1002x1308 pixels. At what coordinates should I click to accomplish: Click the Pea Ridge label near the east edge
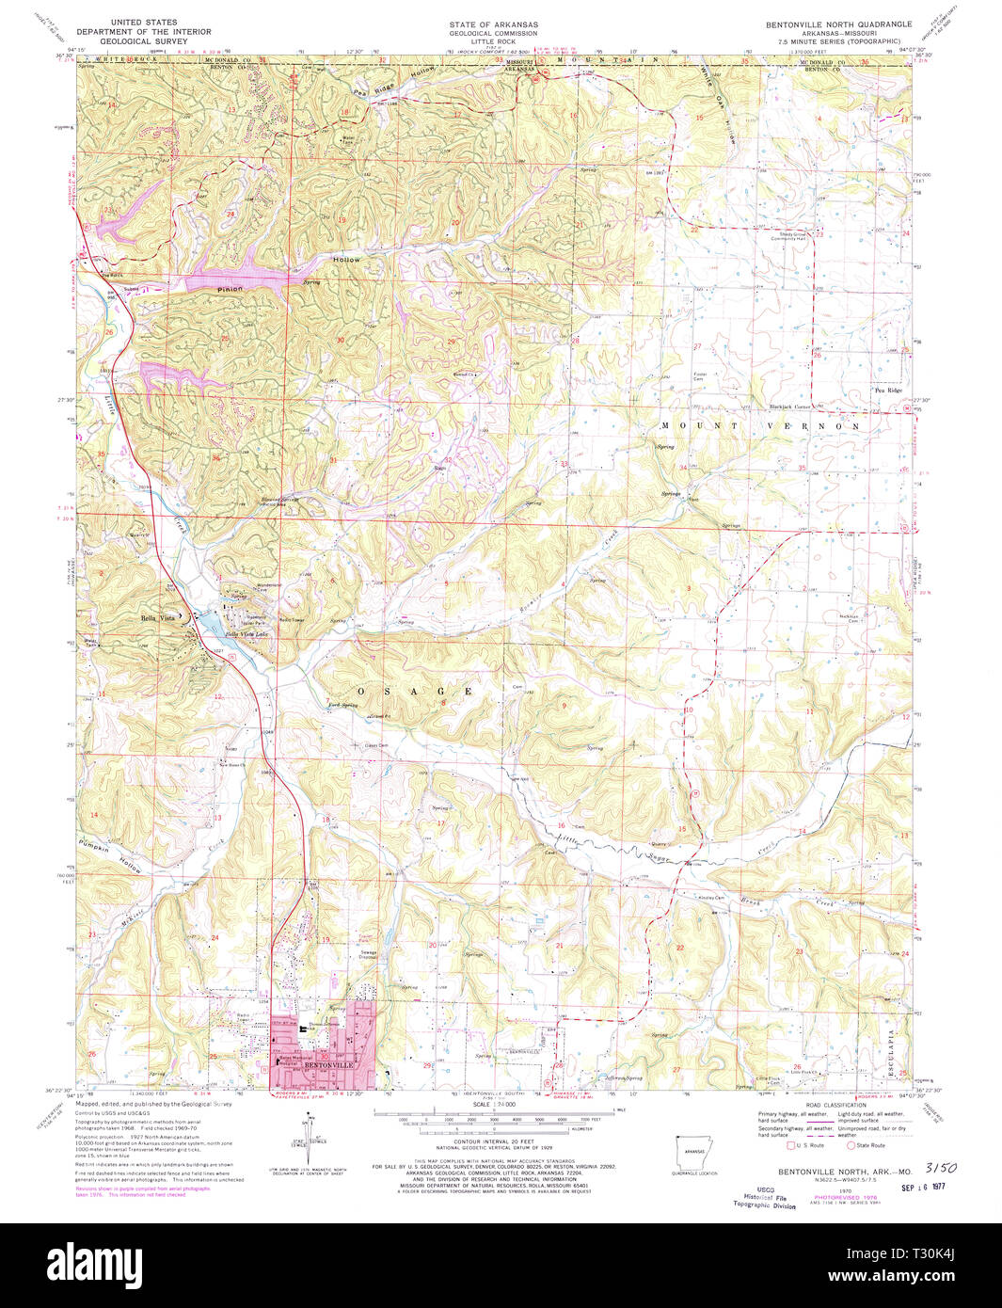pyautogui.click(x=887, y=390)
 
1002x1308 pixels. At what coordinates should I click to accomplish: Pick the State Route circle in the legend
pyautogui.click(x=851, y=1146)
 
